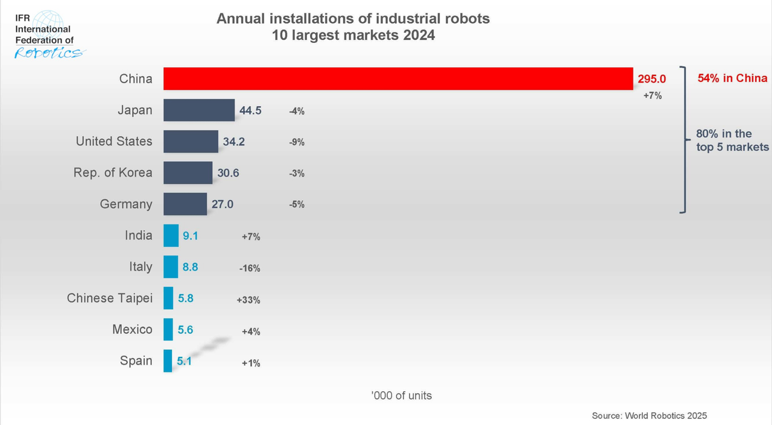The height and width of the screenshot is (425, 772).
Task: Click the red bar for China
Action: click(x=398, y=78)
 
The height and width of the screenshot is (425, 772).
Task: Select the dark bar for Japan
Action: click(x=199, y=110)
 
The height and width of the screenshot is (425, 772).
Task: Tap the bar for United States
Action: click(x=191, y=142)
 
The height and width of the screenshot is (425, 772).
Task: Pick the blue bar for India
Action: click(x=171, y=235)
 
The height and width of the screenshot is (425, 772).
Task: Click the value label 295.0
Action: click(x=652, y=79)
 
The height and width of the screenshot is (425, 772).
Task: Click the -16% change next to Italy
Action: click(x=250, y=268)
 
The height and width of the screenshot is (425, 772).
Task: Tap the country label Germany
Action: click(x=126, y=204)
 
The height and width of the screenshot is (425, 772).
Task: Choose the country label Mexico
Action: click(x=132, y=330)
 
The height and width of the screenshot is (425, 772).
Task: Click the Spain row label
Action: click(x=136, y=361)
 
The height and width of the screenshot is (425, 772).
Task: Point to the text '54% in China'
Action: click(x=732, y=78)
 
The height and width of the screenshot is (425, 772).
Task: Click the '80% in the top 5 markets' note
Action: click(x=732, y=140)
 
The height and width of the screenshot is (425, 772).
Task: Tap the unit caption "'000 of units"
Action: click(x=402, y=396)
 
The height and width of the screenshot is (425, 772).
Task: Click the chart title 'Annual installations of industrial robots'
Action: click(x=353, y=19)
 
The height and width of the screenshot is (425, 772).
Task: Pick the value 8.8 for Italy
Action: click(x=190, y=267)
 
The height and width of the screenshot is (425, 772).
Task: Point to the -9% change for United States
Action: click(x=297, y=143)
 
